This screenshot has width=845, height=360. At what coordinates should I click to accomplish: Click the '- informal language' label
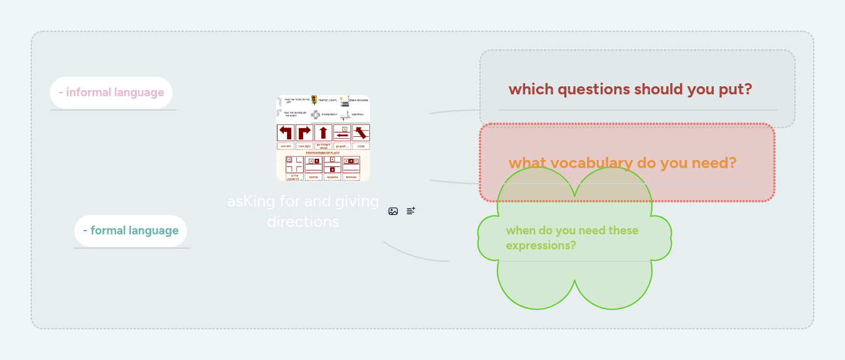[111, 92]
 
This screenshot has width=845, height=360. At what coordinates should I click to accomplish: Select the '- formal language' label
[131, 231]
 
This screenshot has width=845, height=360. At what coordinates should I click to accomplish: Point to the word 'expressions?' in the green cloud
[541, 246]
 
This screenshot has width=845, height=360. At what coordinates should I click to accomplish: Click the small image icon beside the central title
[393, 211]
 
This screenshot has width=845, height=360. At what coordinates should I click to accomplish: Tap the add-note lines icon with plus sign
[411, 211]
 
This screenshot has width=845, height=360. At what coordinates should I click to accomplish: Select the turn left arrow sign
[286, 132]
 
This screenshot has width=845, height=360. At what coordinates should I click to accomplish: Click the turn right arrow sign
[304, 132]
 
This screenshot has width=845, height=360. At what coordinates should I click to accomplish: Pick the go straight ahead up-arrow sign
[323, 132]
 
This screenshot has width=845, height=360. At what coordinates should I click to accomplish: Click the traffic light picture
[314, 100]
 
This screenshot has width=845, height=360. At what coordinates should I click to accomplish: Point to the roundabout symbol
[316, 114]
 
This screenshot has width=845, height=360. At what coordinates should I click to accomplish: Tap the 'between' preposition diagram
[351, 164]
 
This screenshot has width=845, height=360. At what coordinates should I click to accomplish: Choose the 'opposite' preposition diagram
[332, 164]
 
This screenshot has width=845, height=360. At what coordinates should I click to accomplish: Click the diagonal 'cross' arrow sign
[361, 132]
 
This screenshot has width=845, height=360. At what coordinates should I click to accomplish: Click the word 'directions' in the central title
[303, 222]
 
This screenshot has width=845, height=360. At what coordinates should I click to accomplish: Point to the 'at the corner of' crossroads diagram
[294, 164]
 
